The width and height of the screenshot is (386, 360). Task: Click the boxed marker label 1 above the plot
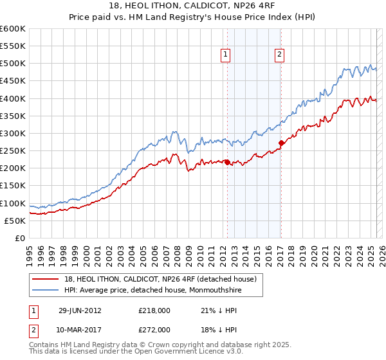[226, 55]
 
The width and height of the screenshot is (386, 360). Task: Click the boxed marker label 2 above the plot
[280, 55]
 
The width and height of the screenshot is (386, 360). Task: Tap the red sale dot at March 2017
[280, 143]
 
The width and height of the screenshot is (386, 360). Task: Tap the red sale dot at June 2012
[227, 162]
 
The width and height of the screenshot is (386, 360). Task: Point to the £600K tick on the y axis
[13, 29]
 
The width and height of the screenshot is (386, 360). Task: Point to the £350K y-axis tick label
[13, 116]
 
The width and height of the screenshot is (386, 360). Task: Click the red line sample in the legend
[46, 279]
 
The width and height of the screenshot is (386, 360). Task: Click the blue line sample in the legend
[46, 290]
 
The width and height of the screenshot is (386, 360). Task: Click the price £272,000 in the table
[156, 329]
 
